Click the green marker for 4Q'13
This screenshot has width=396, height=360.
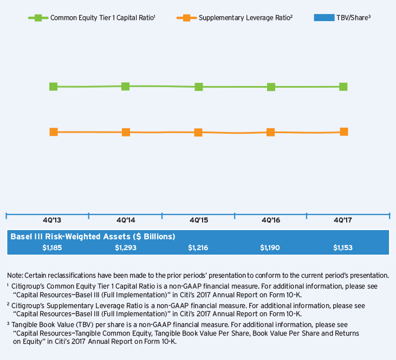coord(54,87)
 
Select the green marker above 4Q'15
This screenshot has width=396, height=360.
coord(199,87)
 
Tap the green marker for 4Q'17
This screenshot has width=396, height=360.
coord(343,87)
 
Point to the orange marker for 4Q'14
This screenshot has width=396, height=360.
coord(126,132)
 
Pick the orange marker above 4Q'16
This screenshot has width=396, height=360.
coord(270,132)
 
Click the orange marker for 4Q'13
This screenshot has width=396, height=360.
coord(54,132)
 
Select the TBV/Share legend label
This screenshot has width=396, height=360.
coord(354,18)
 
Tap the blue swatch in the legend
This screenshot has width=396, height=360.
coord(323,18)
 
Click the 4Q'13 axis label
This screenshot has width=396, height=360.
coord(52,221)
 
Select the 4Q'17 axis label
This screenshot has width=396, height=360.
coord(343,221)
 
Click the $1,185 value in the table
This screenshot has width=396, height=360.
coord(52,247)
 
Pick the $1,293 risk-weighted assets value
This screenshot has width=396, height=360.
coord(125,247)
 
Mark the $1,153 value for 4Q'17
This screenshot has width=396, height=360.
coord(343,247)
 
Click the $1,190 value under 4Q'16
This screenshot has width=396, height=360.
coord(270,247)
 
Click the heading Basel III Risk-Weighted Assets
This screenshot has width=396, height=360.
coord(92,237)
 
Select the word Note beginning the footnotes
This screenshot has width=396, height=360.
coord(15,275)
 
